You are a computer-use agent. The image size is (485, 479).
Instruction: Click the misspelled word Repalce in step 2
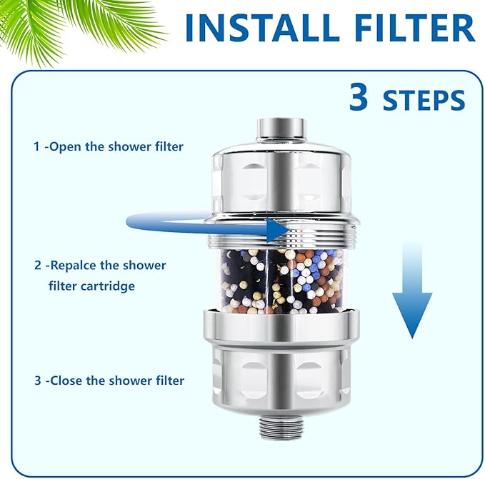(x=75, y=265)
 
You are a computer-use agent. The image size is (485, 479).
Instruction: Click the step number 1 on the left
(x=36, y=146)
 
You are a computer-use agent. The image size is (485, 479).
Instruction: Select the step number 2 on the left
(x=37, y=265)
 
